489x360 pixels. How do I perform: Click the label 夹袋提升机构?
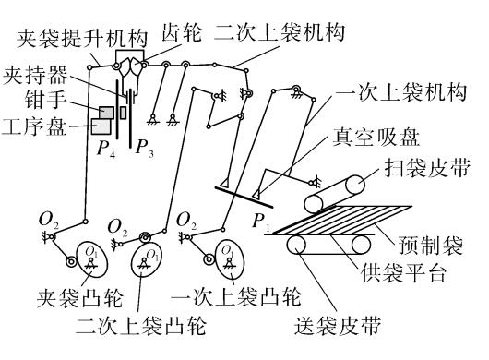(x=82, y=39)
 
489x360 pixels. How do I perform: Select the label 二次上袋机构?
(x=280, y=31)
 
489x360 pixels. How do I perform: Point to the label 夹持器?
(x=35, y=75)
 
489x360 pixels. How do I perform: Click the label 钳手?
(x=46, y=100)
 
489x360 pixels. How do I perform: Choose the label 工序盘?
(x=34, y=126)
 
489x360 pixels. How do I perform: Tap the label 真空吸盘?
(x=376, y=137)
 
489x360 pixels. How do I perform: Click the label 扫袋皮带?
(x=427, y=167)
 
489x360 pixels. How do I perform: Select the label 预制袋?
(x=430, y=245)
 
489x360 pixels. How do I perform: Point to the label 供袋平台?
(x=404, y=272)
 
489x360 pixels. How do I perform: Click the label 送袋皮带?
(x=339, y=325)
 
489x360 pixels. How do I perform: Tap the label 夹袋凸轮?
(x=80, y=298)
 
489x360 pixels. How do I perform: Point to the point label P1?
(x=261, y=222)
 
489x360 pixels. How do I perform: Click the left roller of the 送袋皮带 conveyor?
(x=296, y=245)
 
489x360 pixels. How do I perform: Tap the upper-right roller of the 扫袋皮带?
(x=355, y=185)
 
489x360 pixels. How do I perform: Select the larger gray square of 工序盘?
(x=101, y=126)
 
